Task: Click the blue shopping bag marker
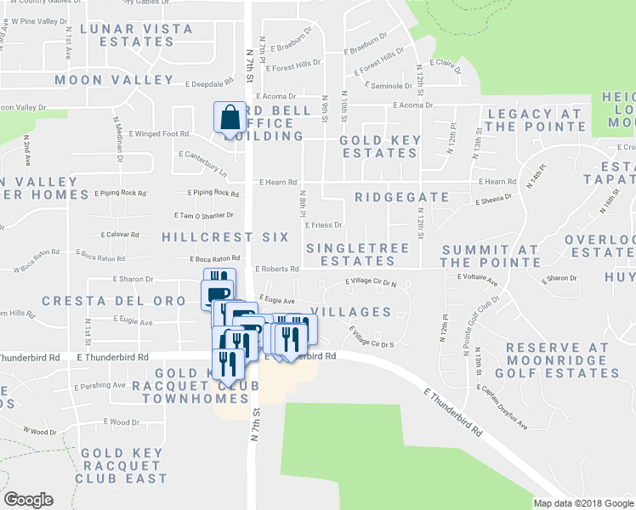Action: [x=230, y=119]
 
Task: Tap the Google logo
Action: [x=28, y=499]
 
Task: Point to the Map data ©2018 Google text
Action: [x=582, y=503]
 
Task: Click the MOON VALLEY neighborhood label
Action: [x=114, y=80]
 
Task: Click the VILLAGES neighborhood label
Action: [x=351, y=312]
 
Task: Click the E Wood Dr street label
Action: [x=121, y=422]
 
